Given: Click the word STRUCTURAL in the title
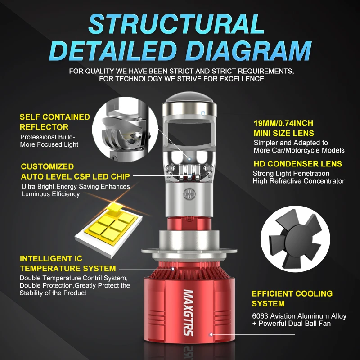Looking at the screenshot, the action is [176, 24].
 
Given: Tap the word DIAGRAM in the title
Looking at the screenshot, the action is [249, 51].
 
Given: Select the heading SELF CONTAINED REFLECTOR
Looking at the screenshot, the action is [54, 122].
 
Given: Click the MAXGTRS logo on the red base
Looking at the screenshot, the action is [189, 313].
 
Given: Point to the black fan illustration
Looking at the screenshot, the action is [295, 239].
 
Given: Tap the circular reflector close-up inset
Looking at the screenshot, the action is [125, 129].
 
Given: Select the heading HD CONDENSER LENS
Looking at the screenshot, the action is [298, 164].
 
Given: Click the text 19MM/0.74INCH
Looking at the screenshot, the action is [283, 123].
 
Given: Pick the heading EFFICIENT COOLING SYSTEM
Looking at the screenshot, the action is [292, 298].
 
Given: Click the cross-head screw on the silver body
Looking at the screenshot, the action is [189, 194].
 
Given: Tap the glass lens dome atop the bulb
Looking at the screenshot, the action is [190, 97].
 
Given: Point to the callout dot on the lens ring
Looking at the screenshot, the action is [203, 113].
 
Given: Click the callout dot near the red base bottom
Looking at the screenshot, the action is [211, 334].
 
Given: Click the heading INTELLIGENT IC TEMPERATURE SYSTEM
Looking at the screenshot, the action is [68, 264].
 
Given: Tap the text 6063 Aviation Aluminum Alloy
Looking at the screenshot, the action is [299, 316].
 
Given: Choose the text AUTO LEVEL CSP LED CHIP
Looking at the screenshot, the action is [75, 176].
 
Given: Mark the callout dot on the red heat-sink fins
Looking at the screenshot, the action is [173, 269].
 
